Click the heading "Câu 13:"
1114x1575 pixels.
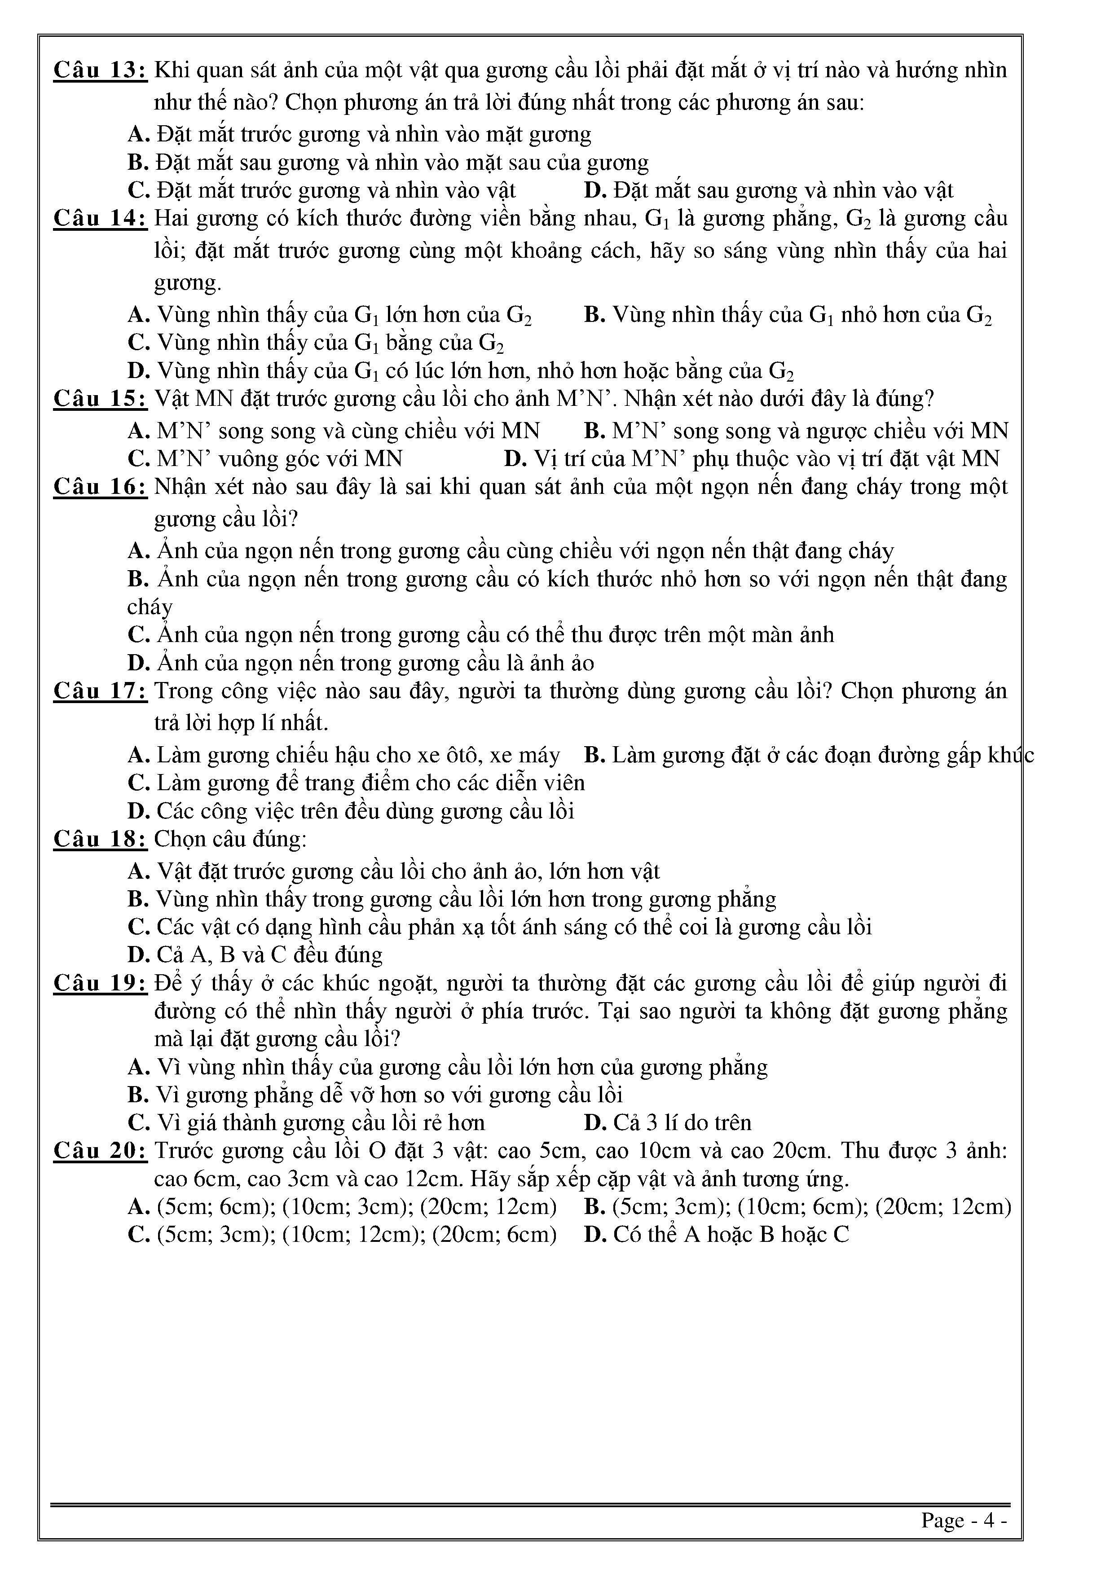pos(100,70)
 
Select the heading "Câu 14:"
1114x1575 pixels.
pos(100,219)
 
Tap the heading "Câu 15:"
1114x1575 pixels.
pos(100,399)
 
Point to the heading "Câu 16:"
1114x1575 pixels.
pos(100,487)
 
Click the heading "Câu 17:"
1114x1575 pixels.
pos(100,691)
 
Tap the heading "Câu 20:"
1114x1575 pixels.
pos(100,1150)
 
